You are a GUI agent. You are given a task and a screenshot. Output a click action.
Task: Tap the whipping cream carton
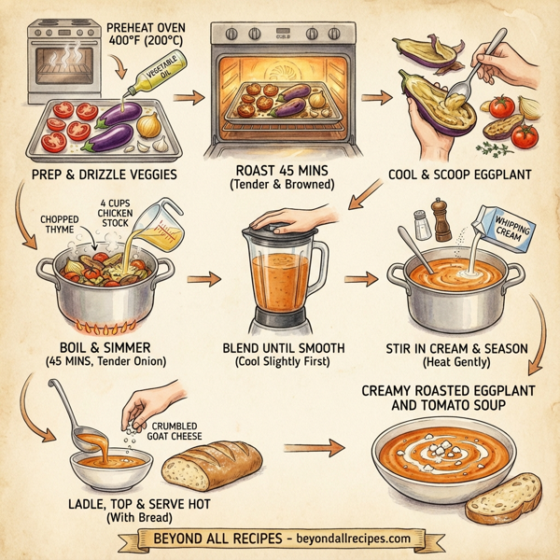[501, 223]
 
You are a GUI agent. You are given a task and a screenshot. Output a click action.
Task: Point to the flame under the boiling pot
[105, 326]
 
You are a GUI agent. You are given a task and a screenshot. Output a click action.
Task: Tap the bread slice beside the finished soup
[503, 496]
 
